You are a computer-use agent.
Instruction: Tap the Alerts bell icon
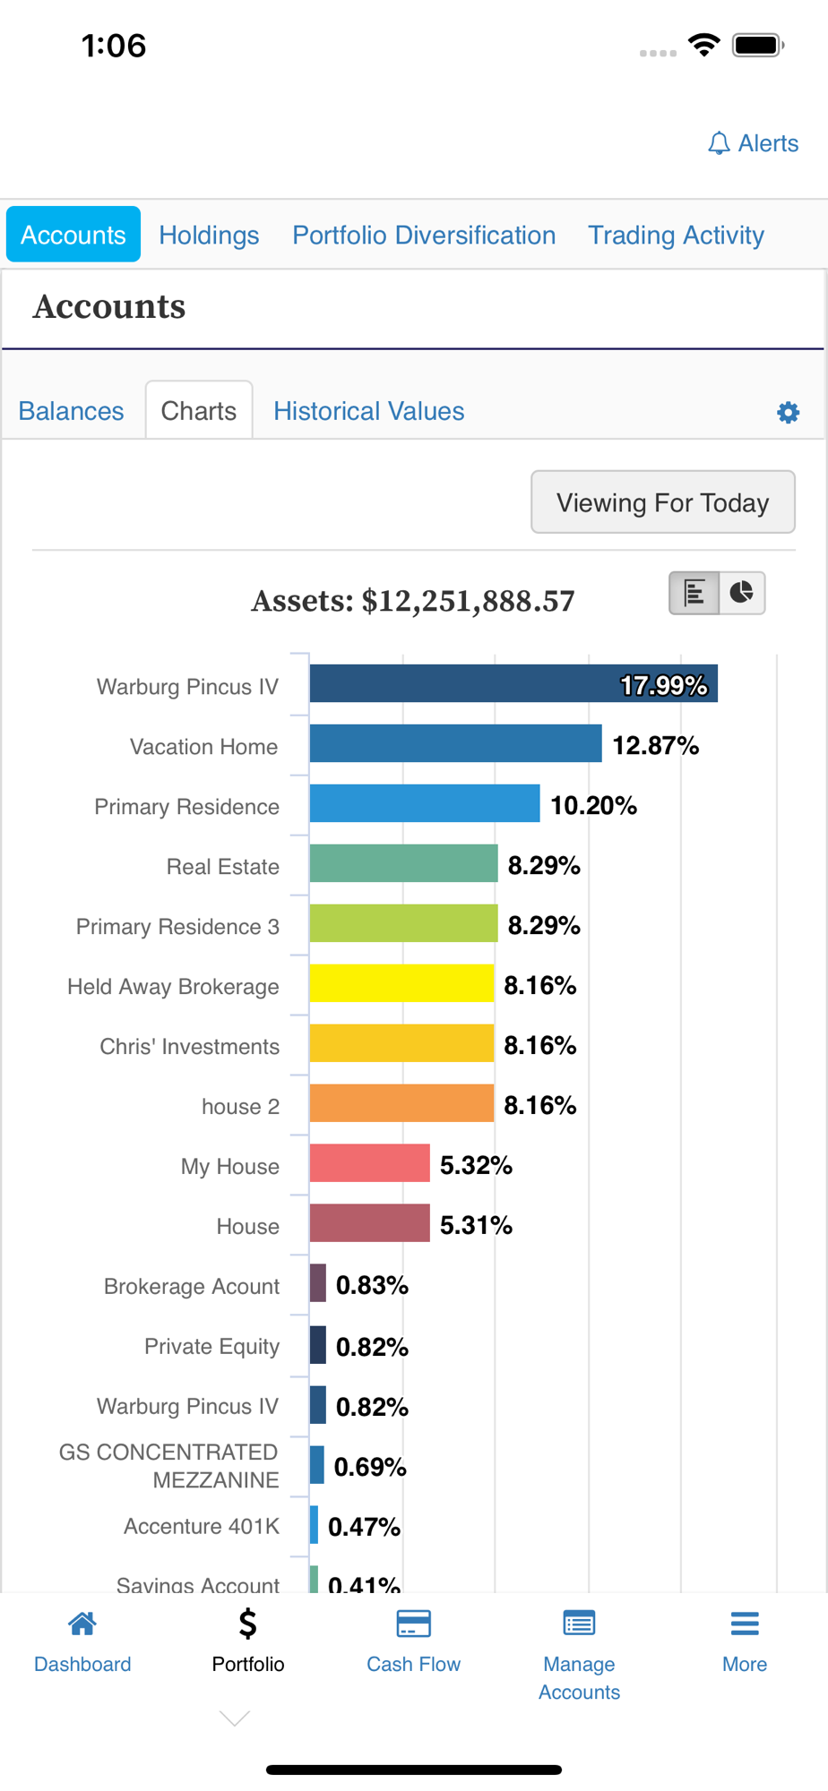pos(719,143)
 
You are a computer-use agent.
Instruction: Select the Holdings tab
pos(209,235)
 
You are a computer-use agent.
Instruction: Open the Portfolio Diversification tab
pos(424,235)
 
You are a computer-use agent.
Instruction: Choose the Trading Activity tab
pos(676,235)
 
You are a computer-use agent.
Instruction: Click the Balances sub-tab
pos(72,411)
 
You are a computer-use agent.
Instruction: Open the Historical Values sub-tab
pos(368,411)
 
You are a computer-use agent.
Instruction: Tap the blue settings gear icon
pos(788,412)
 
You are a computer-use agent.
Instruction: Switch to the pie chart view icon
pos(742,593)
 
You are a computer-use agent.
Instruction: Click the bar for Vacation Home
pos(455,743)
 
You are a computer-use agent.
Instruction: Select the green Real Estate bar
pos(403,863)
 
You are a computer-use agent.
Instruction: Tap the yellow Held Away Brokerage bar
pos(401,983)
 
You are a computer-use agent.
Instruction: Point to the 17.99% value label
pos(664,686)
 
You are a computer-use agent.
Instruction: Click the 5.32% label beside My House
pos(476,1165)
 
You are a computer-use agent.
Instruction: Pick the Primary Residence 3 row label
pos(177,927)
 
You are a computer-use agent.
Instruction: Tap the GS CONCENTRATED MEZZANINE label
pos(169,1466)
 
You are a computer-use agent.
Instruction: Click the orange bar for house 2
pos(401,1103)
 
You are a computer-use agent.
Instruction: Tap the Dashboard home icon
pos(82,1624)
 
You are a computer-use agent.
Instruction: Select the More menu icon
pos(745,1624)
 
